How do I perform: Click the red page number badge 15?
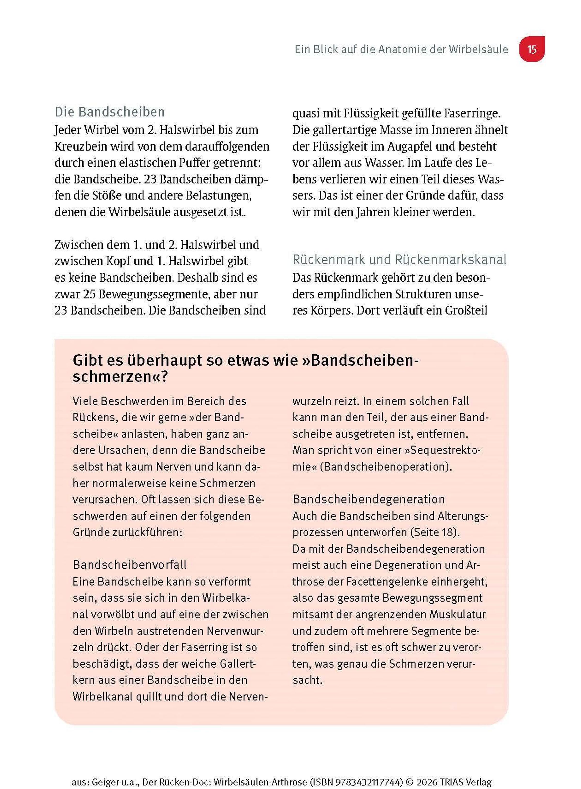pyautogui.click(x=532, y=49)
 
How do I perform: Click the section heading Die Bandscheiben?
pyautogui.click(x=110, y=112)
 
